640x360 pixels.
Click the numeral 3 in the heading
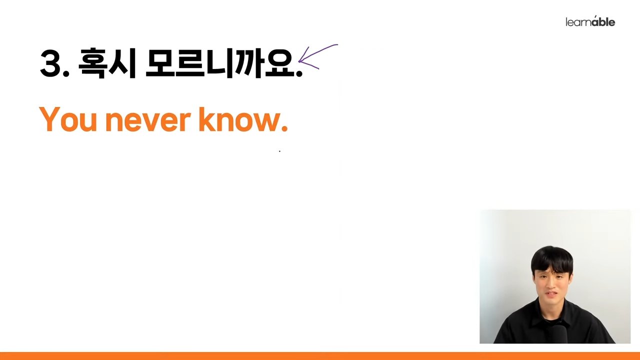point(51,63)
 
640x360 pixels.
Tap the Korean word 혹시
point(107,63)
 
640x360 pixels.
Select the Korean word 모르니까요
point(220,63)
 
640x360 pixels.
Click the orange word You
point(68,119)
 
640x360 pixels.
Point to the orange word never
point(148,121)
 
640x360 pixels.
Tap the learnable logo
point(590,21)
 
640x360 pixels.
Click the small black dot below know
point(279,151)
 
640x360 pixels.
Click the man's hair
point(552,258)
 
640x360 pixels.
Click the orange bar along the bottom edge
point(320,356)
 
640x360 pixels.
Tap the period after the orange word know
point(284,128)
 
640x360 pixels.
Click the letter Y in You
point(49,119)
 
